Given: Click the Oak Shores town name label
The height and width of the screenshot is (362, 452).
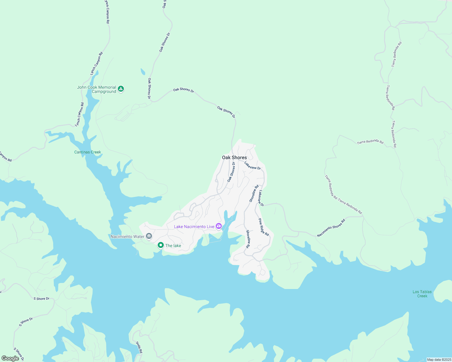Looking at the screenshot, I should [x=234, y=157].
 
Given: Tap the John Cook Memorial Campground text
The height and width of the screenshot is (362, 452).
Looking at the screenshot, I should [x=96, y=89].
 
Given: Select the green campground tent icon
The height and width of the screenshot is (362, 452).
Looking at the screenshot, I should [x=121, y=89].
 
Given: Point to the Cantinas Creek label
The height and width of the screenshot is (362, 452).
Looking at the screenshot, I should [x=88, y=152].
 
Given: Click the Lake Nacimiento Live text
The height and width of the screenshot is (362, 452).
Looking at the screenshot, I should [x=194, y=227].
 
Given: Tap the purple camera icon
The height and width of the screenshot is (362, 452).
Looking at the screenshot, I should [x=219, y=226].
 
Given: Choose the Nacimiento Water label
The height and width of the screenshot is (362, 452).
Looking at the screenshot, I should [x=127, y=237].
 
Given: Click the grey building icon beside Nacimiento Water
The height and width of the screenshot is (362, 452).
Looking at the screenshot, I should [x=149, y=236].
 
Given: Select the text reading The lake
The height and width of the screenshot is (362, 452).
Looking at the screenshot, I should [x=173, y=246].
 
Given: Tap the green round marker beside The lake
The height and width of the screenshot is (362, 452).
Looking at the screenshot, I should [x=161, y=245].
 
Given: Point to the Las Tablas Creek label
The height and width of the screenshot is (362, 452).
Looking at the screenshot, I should [x=422, y=294].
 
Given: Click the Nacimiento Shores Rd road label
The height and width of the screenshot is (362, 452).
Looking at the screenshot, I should [x=331, y=228].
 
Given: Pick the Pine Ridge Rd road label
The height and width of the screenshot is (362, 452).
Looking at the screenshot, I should [x=263, y=227].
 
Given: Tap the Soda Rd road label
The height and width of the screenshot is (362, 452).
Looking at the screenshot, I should [x=139, y=347].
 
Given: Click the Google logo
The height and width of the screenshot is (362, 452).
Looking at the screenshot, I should [x=10, y=358].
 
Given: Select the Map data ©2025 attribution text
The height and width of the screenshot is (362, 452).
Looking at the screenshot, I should [x=439, y=360].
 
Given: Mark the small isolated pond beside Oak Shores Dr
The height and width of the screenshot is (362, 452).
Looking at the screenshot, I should [x=143, y=72].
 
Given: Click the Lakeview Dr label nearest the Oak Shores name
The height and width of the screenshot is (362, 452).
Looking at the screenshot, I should [x=253, y=166].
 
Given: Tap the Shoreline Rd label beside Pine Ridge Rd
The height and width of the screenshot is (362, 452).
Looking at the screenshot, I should [x=248, y=239].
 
